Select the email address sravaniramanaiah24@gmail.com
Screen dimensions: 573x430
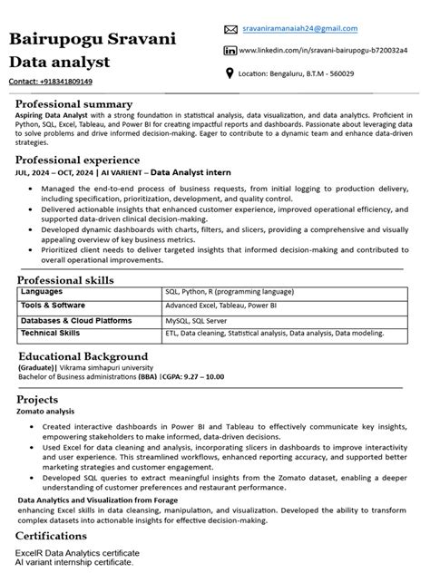299,29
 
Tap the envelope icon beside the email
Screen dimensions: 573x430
230,30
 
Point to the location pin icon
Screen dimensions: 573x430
230,73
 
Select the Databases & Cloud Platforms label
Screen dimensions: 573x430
76,320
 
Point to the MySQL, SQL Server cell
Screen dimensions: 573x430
196,320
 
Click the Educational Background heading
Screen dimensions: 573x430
83,356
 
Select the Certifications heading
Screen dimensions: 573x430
57,536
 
